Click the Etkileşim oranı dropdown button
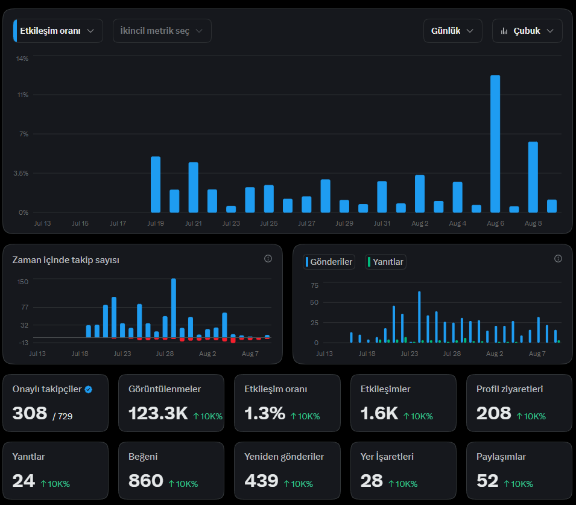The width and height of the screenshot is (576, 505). (58, 31)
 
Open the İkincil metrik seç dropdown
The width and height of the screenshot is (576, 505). (162, 31)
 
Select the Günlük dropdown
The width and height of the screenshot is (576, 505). (452, 31)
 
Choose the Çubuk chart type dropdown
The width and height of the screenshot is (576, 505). (527, 31)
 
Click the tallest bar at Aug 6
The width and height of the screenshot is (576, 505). (495, 144)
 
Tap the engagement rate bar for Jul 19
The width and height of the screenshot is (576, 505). (156, 185)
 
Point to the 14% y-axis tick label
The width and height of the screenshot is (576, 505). (22, 59)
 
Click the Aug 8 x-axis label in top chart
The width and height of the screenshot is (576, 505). (533, 223)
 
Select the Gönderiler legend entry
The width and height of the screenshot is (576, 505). (329, 262)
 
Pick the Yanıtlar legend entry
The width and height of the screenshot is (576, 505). (385, 262)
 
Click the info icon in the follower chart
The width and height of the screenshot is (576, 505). (268, 259)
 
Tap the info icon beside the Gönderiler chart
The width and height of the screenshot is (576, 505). (558, 259)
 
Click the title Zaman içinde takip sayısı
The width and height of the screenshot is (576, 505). (66, 260)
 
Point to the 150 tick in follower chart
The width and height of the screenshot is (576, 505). (23, 282)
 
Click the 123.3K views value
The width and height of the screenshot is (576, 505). (159, 413)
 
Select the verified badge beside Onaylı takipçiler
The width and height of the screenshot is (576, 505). (89, 389)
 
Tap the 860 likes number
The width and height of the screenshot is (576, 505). (146, 481)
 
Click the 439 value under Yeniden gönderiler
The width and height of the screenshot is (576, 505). (262, 481)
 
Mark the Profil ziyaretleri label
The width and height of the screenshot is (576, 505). (510, 389)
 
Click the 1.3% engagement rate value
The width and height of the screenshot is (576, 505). (265, 413)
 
